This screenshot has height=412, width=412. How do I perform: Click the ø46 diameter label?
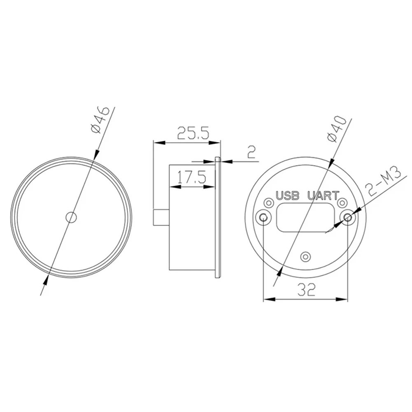pos(99,119)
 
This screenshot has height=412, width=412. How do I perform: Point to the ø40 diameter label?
pos(337,129)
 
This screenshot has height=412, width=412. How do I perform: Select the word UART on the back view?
pos(324,195)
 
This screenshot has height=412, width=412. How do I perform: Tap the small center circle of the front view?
pos(72,216)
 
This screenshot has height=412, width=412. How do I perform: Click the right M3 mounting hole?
pos(348,217)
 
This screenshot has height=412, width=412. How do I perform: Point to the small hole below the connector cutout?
pos(305,256)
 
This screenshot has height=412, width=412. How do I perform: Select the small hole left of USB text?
pos(269,203)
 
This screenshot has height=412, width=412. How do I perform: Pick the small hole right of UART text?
pos(342,203)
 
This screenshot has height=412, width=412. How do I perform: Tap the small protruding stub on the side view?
pos(161,217)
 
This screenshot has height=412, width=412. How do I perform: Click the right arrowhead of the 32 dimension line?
pos(344,299)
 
